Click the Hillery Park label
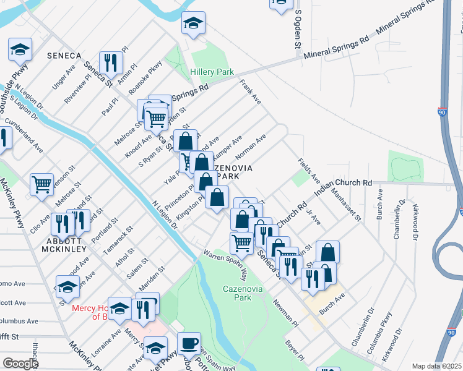pyautogui.click(x=212, y=72)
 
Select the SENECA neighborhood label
pyautogui.click(x=64, y=56)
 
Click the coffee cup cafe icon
pyautogui.click(x=189, y=343)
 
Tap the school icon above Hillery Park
pyautogui.click(x=193, y=24)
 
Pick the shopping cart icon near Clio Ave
pyautogui.click(x=41, y=183)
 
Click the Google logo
pyautogui.click(x=20, y=364)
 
